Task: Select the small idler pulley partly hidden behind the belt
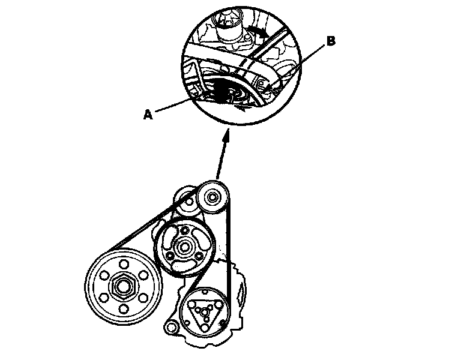point(186,200)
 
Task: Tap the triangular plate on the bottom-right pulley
point(202,313)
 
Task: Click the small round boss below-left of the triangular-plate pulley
point(170,328)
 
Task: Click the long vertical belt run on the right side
point(229,252)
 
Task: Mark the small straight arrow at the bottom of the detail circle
point(243,109)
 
